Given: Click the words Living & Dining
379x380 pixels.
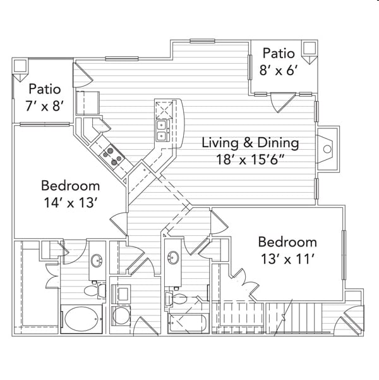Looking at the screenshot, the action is (250, 142).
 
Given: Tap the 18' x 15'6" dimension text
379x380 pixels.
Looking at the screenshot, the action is (250, 160).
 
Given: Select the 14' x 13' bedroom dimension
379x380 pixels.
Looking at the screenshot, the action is (71, 202).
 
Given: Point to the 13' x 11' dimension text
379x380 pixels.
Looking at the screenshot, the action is (287, 259).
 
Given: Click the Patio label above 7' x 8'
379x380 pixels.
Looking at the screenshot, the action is (45, 89).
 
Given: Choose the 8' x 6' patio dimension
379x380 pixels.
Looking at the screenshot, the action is (279, 71).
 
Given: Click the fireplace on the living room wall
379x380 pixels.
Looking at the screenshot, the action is (327, 149).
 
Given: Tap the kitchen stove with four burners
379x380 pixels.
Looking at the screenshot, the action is (112, 156).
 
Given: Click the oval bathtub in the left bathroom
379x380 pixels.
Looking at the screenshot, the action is (81, 319).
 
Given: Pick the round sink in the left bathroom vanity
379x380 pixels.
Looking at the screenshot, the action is (97, 260).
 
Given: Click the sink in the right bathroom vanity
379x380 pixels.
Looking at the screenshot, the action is (174, 257).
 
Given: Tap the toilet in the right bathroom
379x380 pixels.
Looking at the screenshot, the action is (176, 298).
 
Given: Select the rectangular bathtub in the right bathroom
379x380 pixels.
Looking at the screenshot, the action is (188, 323).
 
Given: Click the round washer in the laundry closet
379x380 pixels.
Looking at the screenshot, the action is (121, 316).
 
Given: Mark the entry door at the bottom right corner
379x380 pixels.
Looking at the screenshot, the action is (349, 321).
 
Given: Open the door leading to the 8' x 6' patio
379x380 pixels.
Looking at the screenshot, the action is (282, 102).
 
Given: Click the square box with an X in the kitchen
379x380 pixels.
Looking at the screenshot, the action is (164, 110).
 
